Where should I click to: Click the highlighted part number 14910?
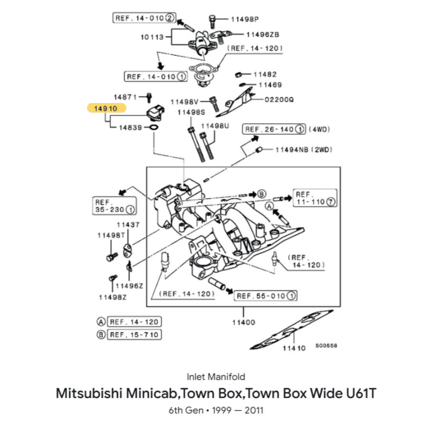pyautogui.click(x=106, y=108)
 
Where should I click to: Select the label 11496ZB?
pyautogui.click(x=263, y=34)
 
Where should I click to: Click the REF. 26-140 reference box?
pyautogui.click(x=274, y=129)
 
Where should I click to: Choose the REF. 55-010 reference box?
pyautogui.click(x=265, y=296)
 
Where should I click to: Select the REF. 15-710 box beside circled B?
pyautogui.click(x=134, y=334)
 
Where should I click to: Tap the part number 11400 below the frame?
pyautogui.click(x=243, y=322)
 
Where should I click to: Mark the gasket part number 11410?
pyautogui.click(x=294, y=348)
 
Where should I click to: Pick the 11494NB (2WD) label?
pyautogui.click(x=304, y=150)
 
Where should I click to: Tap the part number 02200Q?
pyautogui.click(x=279, y=99)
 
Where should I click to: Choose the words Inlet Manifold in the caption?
pyautogui.click(x=216, y=377)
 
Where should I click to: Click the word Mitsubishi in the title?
pyautogui.click(x=89, y=393)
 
